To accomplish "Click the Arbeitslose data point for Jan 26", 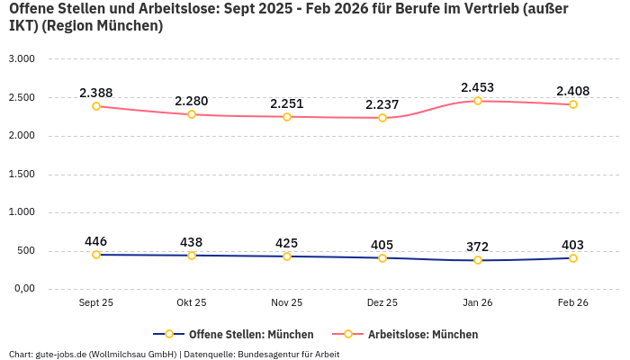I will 478,101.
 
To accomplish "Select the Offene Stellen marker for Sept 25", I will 96,255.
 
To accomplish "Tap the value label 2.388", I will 96,93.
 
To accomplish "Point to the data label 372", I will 478,247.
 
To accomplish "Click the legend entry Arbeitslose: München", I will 422,334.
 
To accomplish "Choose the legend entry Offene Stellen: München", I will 251,334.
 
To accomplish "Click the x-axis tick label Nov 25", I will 287,303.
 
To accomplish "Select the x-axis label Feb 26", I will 572,303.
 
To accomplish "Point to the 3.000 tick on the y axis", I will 21,58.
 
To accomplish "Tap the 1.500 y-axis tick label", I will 21,174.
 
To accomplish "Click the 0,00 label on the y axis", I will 22,289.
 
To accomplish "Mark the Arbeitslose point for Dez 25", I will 382,118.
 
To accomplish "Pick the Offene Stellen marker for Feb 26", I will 573,258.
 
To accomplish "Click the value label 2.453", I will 478,87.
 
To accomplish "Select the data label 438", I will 192,242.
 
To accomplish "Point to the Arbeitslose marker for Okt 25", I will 192,114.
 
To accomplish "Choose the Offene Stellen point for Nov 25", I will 287,256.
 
